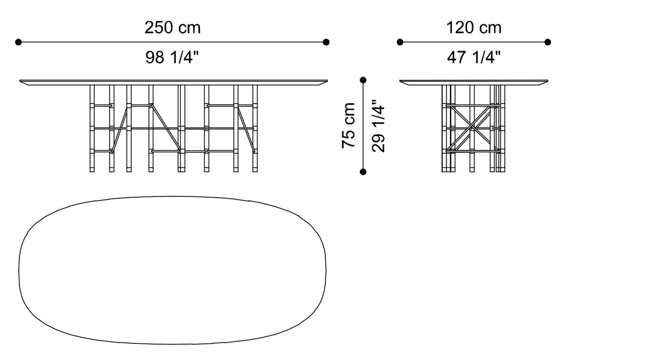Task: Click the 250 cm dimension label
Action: [x=172, y=28]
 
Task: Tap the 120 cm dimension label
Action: [x=473, y=28]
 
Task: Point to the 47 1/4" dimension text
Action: [x=473, y=58]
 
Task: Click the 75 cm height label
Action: [x=349, y=126]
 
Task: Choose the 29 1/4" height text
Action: [x=378, y=126]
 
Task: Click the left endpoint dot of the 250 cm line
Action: [x=19, y=42]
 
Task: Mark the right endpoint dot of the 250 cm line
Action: [x=326, y=42]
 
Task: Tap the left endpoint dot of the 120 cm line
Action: [x=400, y=42]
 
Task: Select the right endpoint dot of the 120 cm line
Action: [x=548, y=42]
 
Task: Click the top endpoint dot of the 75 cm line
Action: [x=363, y=80]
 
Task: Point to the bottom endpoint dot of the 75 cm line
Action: [x=363, y=171]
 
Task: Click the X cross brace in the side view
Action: [x=471, y=127]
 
